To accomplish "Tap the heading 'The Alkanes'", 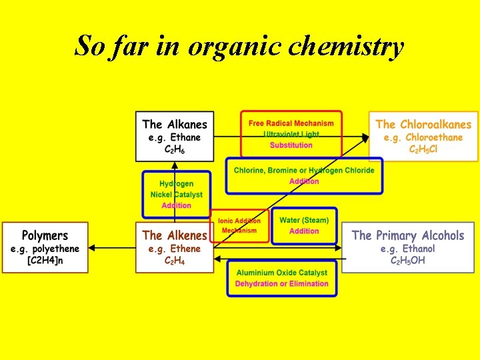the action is pyautogui.click(x=175, y=124).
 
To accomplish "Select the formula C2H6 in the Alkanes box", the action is pyautogui.click(x=175, y=150).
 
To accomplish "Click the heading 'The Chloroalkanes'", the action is pyautogui.click(x=423, y=124).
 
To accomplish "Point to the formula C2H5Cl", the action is pyautogui.click(x=423, y=149).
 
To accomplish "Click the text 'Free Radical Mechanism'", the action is pyautogui.click(x=291, y=123).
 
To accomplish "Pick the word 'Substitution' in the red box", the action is pyautogui.click(x=291, y=145).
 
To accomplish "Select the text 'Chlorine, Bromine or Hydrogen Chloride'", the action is pyautogui.click(x=304, y=170).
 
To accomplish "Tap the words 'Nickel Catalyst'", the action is pyautogui.click(x=177, y=195).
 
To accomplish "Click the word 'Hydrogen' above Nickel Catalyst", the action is pyautogui.click(x=177, y=184).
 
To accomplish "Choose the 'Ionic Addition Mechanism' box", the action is pyautogui.click(x=239, y=225).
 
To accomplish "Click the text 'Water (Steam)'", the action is pyautogui.click(x=304, y=220).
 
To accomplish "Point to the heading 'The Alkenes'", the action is pyautogui.click(x=175, y=235).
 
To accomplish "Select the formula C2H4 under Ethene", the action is pyautogui.click(x=175, y=261).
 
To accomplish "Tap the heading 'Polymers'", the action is pyautogui.click(x=45, y=235).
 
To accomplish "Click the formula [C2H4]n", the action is pyautogui.click(x=45, y=261).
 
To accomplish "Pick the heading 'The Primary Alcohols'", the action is pyautogui.click(x=408, y=235).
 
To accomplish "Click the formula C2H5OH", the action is pyautogui.click(x=408, y=261).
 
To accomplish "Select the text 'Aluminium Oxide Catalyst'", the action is pyautogui.click(x=282, y=273).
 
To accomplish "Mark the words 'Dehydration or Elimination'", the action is pyautogui.click(x=282, y=284).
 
